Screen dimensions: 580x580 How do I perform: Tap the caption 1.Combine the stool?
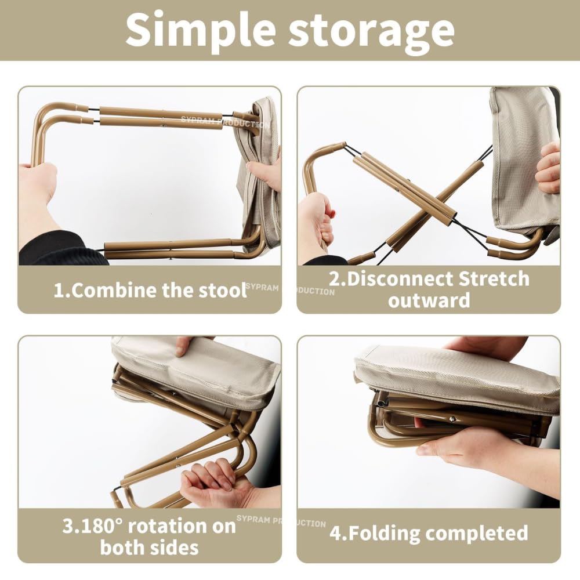(x=150, y=290)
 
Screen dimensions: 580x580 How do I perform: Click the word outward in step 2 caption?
(x=429, y=300)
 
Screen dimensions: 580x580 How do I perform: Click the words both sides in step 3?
(x=149, y=547)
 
